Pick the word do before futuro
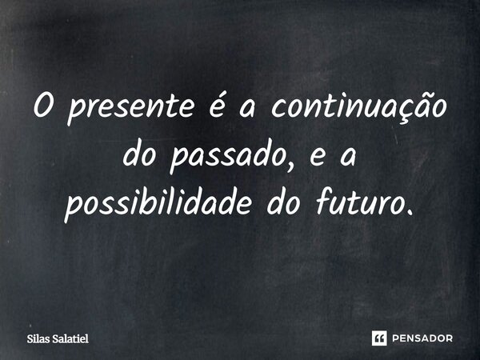[x=300, y=204]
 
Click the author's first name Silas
[x=37, y=338]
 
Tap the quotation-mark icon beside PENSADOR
[x=380, y=338]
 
